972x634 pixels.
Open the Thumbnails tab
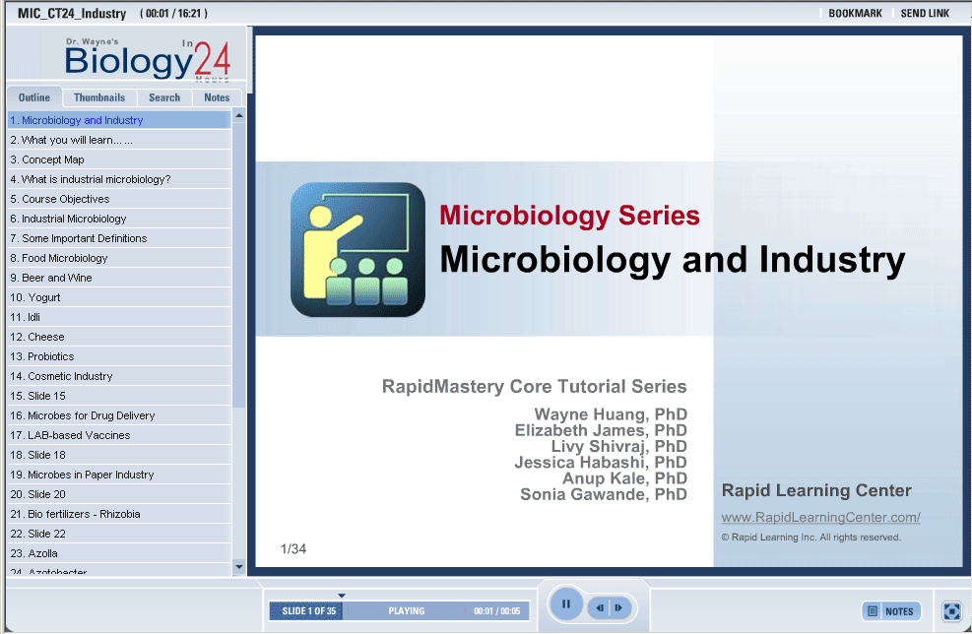(99, 97)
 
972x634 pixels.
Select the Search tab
(164, 97)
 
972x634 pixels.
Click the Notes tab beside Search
(217, 97)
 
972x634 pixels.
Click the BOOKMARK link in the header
(855, 13)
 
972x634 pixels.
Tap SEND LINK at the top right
(925, 13)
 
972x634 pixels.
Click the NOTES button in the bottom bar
(891, 611)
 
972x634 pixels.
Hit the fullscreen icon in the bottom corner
(951, 611)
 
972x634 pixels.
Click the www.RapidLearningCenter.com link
(820, 517)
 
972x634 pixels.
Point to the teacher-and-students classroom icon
(357, 249)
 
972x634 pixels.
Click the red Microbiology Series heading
(569, 216)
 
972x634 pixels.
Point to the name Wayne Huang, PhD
(611, 414)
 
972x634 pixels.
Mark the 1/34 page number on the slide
(293, 549)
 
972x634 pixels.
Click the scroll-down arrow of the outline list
(239, 566)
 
